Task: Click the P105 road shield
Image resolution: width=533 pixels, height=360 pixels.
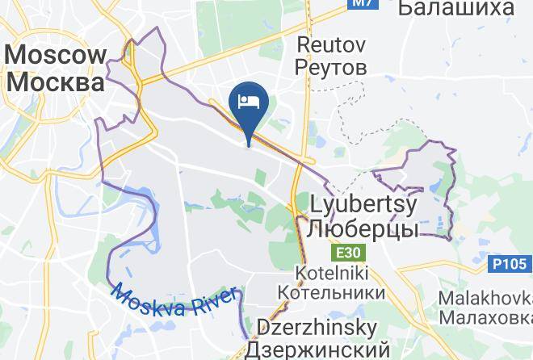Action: point(511,262)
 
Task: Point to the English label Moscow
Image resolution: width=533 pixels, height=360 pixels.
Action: point(56,56)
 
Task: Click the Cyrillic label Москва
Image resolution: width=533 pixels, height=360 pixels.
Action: point(56,82)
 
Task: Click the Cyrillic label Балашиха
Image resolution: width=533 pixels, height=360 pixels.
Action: point(456,8)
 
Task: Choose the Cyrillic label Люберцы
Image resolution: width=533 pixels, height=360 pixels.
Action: point(363,228)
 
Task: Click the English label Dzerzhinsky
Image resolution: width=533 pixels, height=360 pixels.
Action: point(317,329)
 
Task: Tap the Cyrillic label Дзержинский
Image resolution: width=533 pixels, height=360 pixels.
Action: point(317,350)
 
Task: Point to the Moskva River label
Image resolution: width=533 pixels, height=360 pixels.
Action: point(174,302)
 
